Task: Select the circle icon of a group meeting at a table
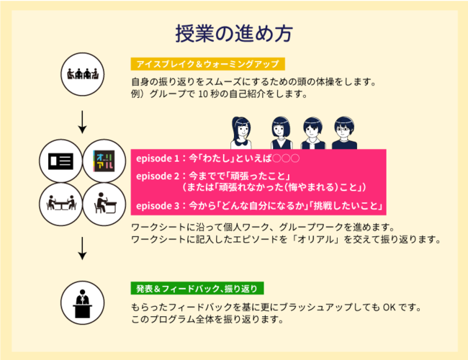(x=82, y=74)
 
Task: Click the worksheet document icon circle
(x=60, y=161)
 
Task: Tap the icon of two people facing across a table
(x=60, y=204)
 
